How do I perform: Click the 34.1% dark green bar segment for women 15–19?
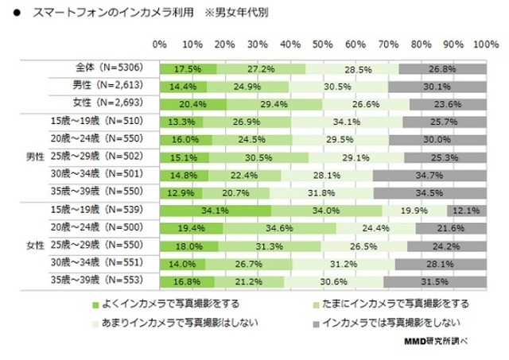tap(216, 211)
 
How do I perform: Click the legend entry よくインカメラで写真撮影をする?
tap(166, 303)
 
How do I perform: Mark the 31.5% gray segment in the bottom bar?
tap(434, 281)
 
